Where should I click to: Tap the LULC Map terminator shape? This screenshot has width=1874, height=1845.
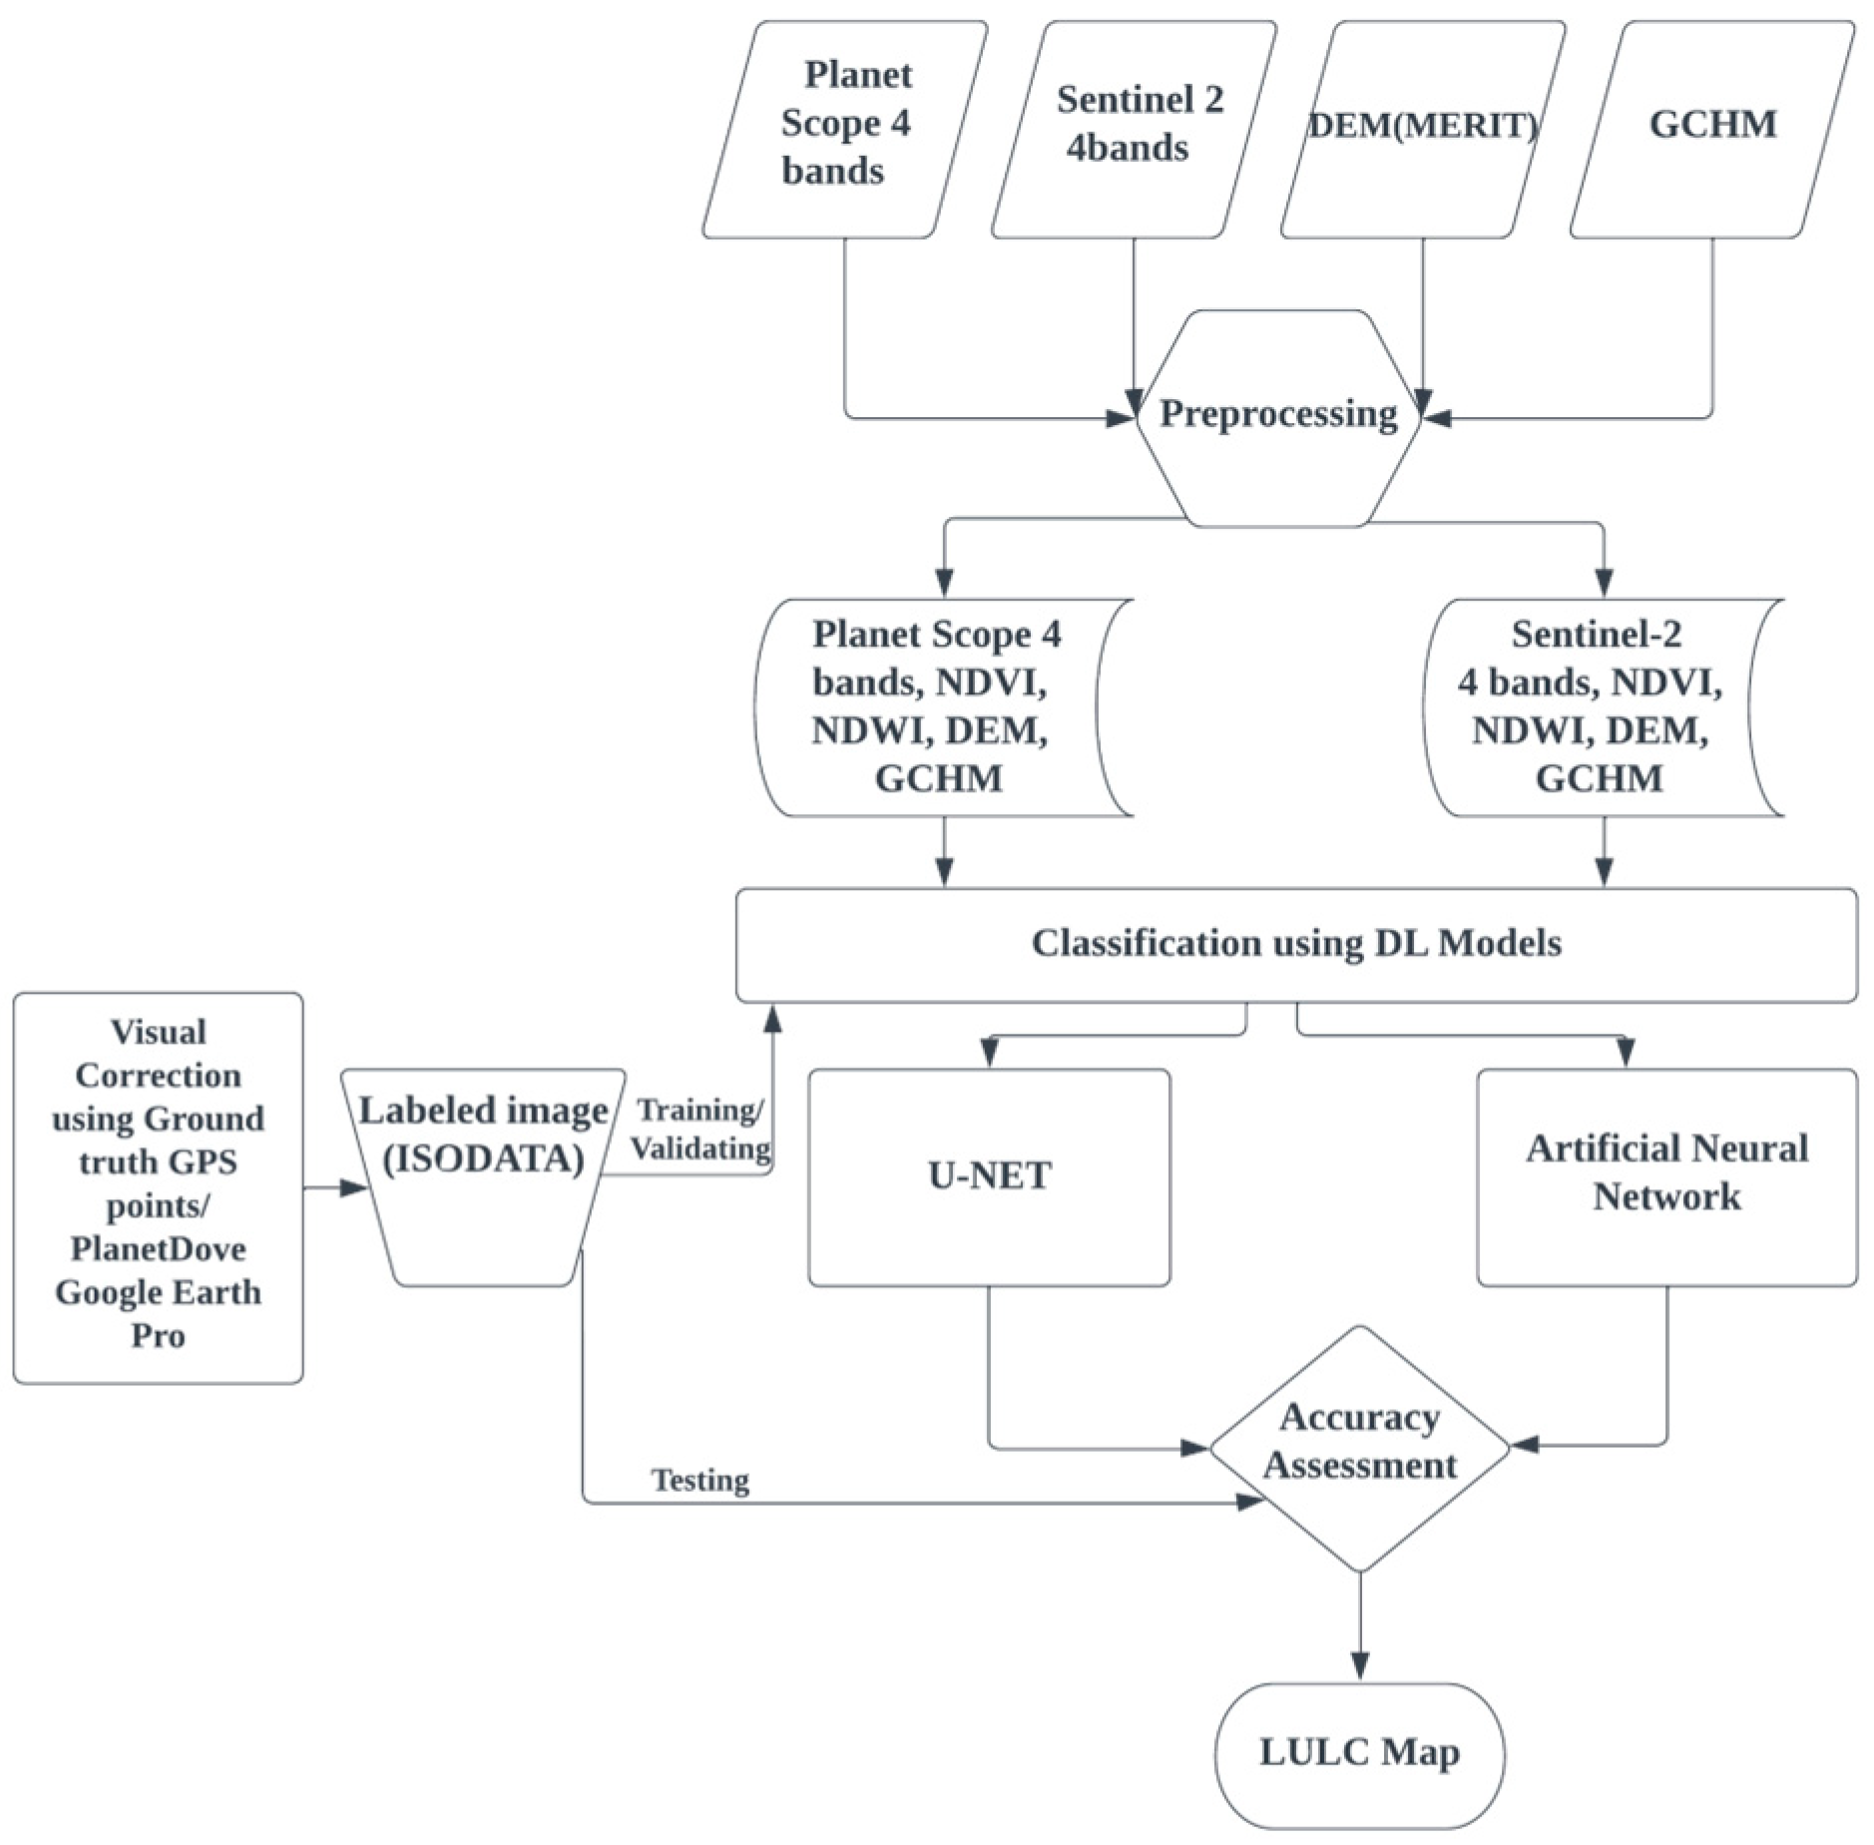(x=1358, y=1752)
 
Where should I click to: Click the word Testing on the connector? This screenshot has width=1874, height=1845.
(x=700, y=1480)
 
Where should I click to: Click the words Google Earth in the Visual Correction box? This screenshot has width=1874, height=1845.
(x=158, y=1292)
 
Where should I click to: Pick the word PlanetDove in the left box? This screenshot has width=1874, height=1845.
(x=158, y=1248)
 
